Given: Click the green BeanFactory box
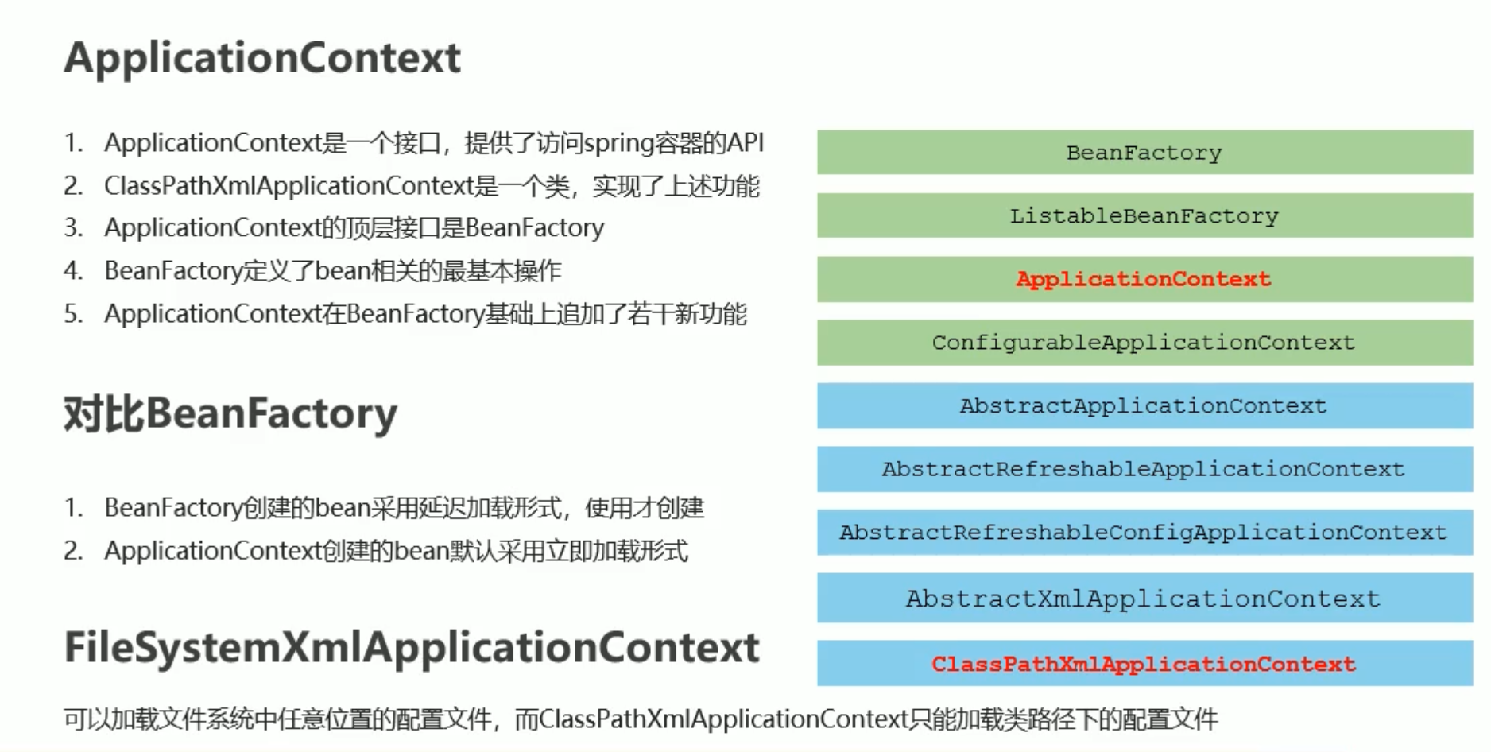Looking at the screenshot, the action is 1144,152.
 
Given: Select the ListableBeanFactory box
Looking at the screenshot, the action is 1144,215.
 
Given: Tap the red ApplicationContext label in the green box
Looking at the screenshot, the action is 1144,279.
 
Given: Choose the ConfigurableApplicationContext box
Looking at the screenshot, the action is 1144,343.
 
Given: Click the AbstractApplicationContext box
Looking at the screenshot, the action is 1144,406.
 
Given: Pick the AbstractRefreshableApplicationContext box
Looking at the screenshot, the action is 1144,469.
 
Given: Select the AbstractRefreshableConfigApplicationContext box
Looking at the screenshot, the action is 1144,532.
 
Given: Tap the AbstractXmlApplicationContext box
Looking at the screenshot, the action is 1144,598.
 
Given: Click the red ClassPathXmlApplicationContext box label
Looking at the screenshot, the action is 1144,664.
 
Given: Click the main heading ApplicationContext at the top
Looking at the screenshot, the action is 262,58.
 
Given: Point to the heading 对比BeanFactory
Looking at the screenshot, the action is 230,414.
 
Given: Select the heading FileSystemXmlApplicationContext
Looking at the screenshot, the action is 412,648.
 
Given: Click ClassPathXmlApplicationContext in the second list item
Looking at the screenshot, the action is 289,186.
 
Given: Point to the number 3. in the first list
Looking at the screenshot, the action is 73,228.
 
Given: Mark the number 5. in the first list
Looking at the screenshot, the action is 73,314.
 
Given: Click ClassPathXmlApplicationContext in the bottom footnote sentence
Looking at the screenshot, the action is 723,719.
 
